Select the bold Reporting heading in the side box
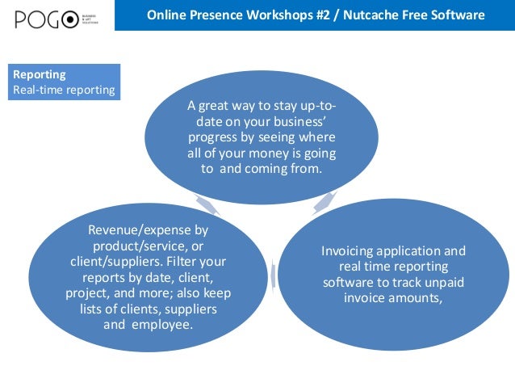pyautogui.click(x=40, y=74)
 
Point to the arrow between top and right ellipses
pyautogui.click(x=323, y=201)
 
